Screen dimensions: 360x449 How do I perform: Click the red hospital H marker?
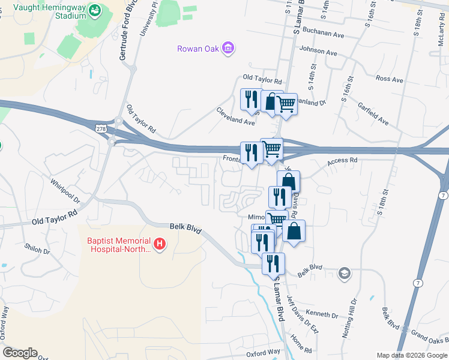[160, 244]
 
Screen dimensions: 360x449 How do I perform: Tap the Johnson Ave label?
[319, 51]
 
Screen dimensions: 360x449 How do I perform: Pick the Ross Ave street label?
[389, 79]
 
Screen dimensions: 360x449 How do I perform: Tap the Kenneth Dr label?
[322, 314]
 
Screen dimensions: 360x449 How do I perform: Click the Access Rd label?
[342, 161]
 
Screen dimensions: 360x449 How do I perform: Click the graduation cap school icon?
[344, 273]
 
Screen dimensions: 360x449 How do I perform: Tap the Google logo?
[20, 353]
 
